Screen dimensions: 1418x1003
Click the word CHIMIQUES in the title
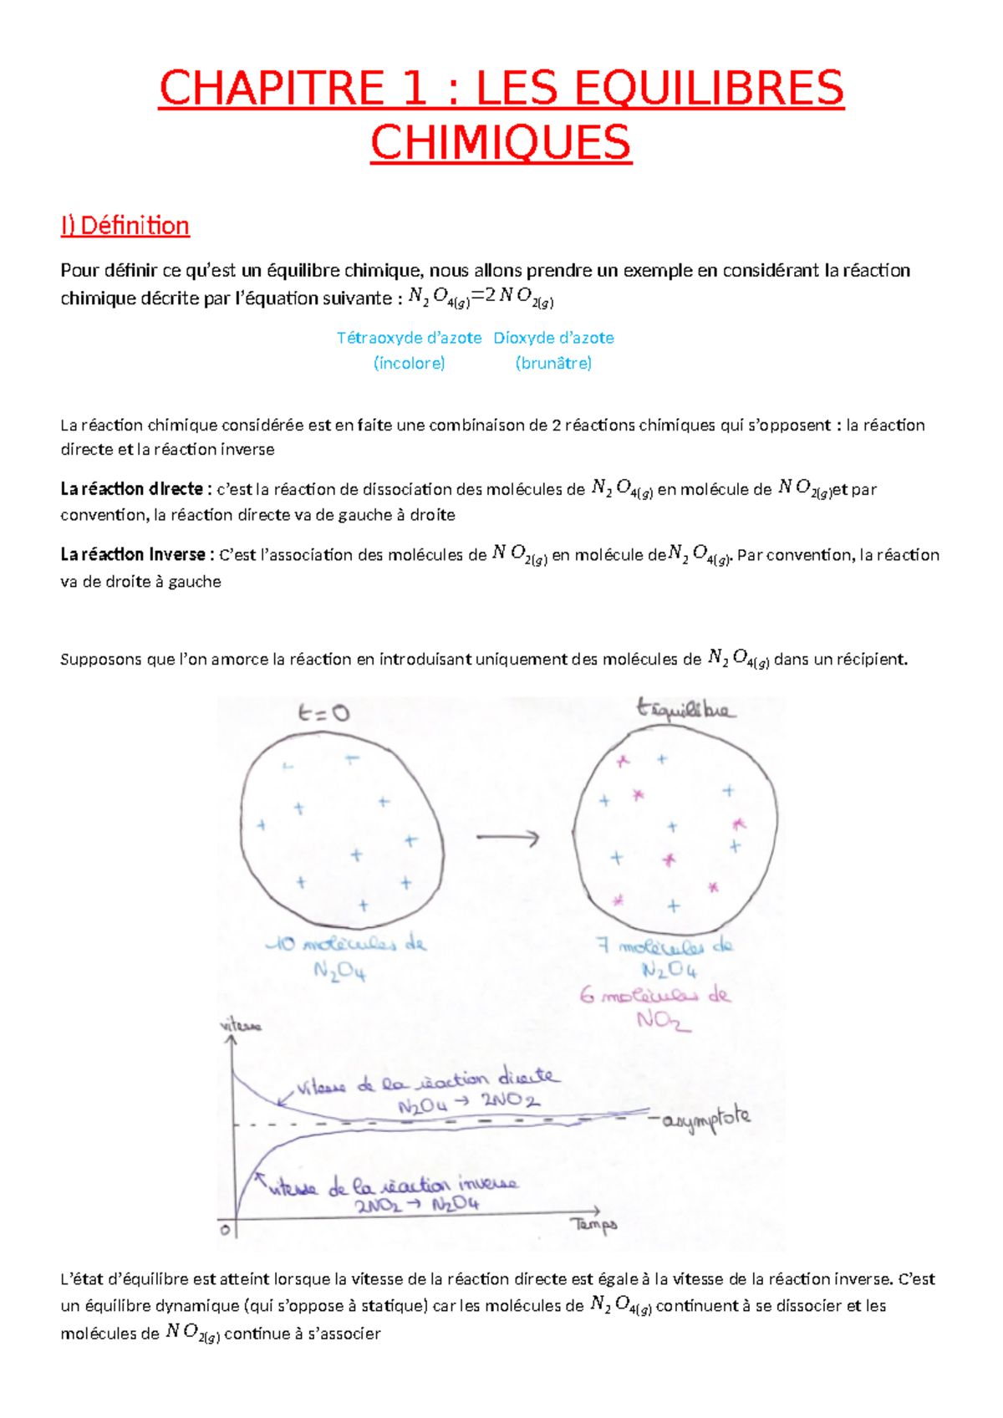click(501, 143)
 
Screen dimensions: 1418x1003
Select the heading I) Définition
click(125, 226)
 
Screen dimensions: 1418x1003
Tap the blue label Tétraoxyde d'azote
click(409, 338)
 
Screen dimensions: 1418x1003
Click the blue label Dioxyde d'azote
click(553, 338)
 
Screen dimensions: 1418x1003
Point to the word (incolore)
click(409, 363)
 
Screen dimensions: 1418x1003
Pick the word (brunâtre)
click(553, 363)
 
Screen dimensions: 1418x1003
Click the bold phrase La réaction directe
click(131, 489)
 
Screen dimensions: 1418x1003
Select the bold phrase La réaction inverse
click(133, 554)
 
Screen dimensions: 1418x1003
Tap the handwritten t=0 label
click(323, 713)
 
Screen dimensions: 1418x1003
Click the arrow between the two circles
click(508, 837)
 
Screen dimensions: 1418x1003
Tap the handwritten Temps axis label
click(594, 1225)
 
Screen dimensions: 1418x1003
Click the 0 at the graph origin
click(224, 1230)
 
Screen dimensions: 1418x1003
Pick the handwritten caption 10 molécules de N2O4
click(346, 956)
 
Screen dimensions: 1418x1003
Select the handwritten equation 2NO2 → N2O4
click(417, 1206)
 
